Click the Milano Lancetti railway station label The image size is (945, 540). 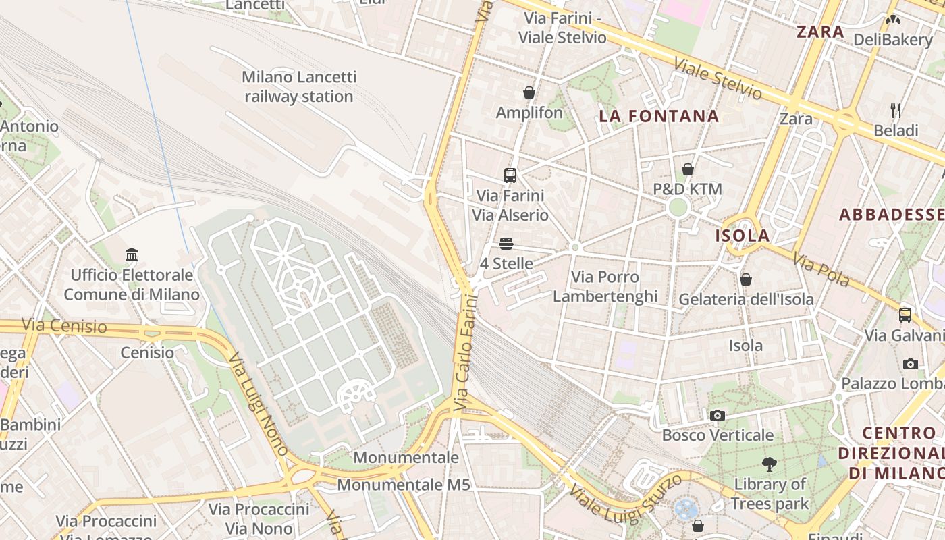[x=298, y=87]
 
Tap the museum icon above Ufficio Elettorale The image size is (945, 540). [x=132, y=255]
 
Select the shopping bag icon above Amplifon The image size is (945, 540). [x=529, y=92]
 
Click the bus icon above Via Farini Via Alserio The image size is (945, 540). [x=510, y=175]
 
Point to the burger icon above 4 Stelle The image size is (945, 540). [x=506, y=244]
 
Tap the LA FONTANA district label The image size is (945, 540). [x=659, y=116]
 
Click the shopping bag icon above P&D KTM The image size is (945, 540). [x=688, y=169]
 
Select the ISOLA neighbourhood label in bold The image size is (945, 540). [x=742, y=236]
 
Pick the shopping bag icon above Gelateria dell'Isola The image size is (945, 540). [x=746, y=279]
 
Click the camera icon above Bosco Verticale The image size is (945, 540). [x=717, y=415]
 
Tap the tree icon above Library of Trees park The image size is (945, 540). [x=769, y=464]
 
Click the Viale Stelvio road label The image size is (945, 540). [x=718, y=79]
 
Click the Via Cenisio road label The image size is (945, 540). [x=64, y=326]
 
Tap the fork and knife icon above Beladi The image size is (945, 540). [x=896, y=111]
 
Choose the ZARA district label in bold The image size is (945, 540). [x=820, y=32]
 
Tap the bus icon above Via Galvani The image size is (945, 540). [x=905, y=315]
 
